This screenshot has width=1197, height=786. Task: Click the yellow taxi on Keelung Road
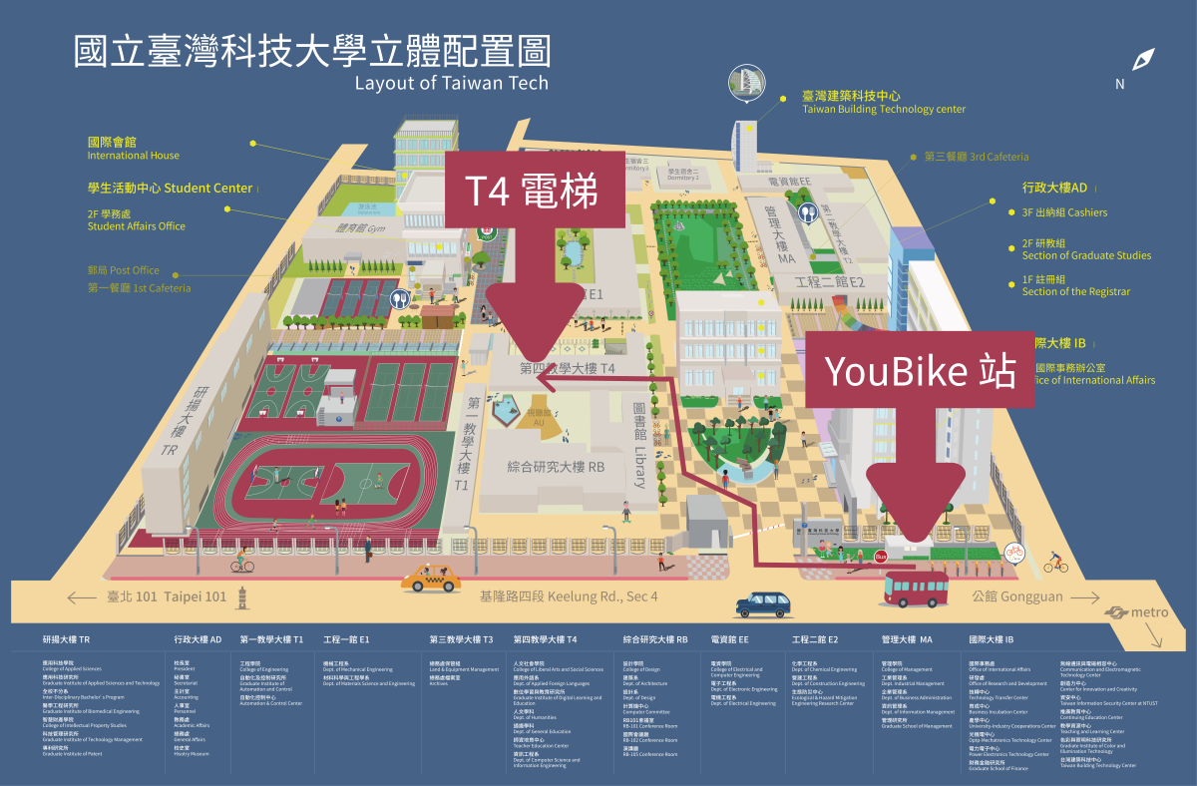[431, 578]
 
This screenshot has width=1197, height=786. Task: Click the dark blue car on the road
[766, 603]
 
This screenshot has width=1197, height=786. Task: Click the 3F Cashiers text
[1064, 212]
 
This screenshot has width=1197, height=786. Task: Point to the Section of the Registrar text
[1075, 291]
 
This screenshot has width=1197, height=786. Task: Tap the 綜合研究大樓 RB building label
[556, 466]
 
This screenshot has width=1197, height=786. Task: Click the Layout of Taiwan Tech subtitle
[451, 83]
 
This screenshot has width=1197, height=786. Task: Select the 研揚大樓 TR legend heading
[67, 639]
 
